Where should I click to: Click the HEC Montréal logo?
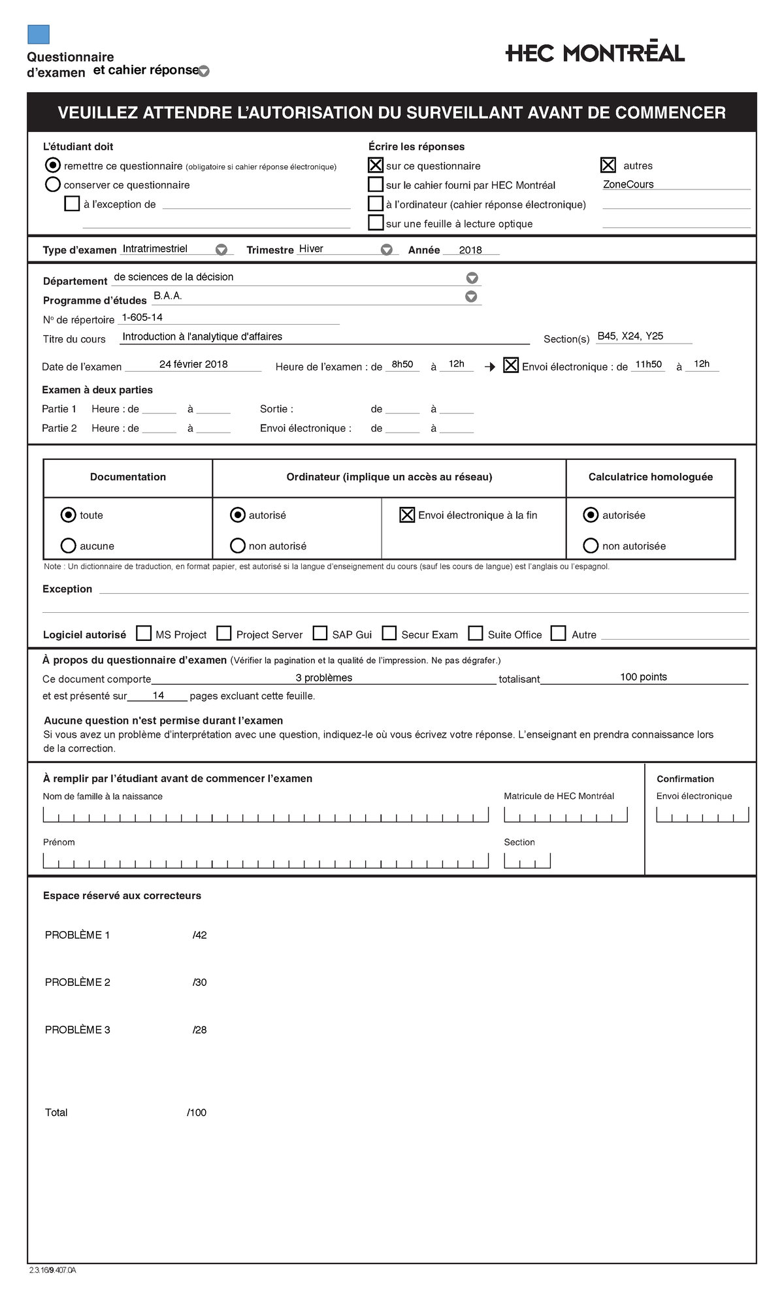point(595,53)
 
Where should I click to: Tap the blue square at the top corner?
point(39,35)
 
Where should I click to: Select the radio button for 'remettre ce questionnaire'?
point(53,166)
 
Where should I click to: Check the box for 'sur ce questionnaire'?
point(376,165)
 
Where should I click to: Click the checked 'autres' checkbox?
point(608,165)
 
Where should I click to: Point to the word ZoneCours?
point(628,184)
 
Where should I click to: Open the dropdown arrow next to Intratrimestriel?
point(221,250)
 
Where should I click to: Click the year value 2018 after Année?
point(470,250)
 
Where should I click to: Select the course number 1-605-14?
point(142,318)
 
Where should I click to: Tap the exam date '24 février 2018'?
point(193,365)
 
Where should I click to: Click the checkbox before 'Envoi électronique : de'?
point(511,365)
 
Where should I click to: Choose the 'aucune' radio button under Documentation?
point(68,546)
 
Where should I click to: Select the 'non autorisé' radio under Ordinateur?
point(238,546)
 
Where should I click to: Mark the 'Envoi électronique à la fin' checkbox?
point(407,515)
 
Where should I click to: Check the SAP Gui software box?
point(320,633)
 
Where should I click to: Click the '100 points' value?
point(643,677)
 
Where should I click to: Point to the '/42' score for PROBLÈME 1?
point(200,935)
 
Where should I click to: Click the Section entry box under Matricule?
point(527,860)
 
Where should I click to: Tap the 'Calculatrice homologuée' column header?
point(650,477)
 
